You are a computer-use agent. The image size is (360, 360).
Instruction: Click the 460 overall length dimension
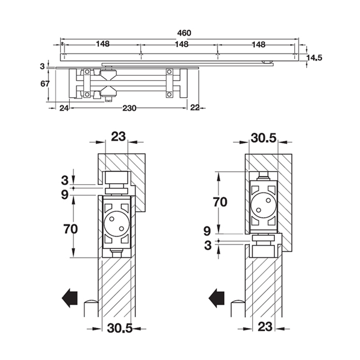(x=184, y=33)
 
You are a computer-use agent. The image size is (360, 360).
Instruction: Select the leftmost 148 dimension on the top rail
(x=103, y=44)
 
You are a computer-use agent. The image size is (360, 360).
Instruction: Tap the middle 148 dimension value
(x=181, y=44)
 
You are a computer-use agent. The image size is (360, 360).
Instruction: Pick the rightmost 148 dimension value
(x=258, y=44)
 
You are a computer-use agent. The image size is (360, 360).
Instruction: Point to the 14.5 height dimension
(x=314, y=58)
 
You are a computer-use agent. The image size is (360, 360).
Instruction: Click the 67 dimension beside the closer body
(x=45, y=84)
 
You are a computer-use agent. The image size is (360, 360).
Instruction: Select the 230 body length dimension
(x=129, y=108)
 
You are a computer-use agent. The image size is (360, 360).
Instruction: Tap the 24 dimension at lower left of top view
(x=64, y=108)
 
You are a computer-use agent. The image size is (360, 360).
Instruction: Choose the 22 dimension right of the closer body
(x=195, y=108)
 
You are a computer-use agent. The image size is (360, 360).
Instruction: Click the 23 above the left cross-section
(x=118, y=137)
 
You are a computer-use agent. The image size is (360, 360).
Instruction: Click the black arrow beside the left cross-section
(x=70, y=298)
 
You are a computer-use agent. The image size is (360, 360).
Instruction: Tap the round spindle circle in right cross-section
(x=263, y=205)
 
